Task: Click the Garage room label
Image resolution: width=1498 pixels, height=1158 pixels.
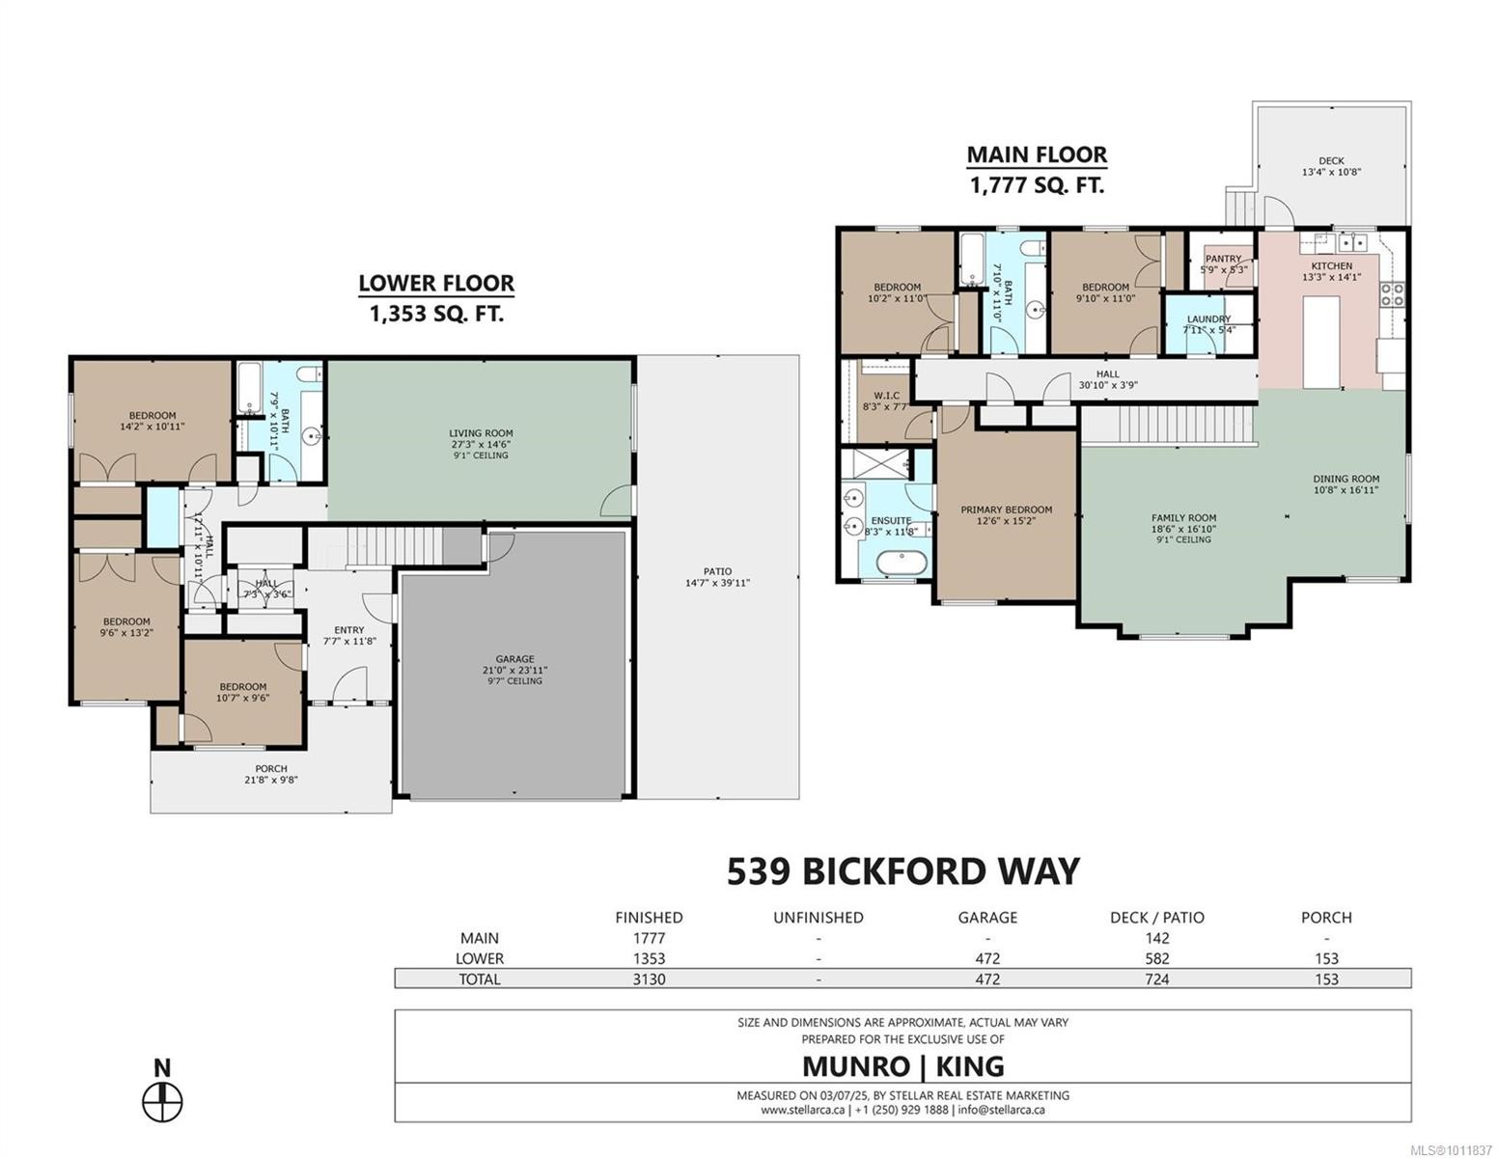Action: pos(514,659)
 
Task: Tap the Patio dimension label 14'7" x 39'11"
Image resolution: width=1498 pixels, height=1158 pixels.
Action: pos(716,583)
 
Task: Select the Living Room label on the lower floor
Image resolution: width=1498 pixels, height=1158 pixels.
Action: pos(481,433)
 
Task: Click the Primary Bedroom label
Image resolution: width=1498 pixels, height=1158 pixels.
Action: pos(1006,510)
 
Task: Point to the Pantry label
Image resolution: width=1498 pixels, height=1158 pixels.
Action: pos(1223,259)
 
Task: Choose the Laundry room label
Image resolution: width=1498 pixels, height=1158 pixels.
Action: pos(1208,318)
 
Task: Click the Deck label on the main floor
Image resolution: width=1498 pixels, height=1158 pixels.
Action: pos(1331,161)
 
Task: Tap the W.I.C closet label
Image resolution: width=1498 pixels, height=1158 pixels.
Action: pos(886,395)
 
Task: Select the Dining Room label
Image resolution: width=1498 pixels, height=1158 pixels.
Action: pos(1345,479)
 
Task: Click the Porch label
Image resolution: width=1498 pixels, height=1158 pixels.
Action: pos(270,769)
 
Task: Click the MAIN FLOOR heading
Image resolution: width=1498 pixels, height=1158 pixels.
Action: pos(1037,154)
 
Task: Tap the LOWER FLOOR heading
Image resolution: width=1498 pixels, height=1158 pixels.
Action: pos(436,284)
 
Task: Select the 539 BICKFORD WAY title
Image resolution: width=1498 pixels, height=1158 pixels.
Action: pos(902,871)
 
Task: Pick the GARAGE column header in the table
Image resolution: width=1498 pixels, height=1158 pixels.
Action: pos(987,918)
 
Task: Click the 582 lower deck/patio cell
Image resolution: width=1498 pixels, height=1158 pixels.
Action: pos(1156,958)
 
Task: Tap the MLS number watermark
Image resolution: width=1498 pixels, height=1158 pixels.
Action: pos(1450,1149)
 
